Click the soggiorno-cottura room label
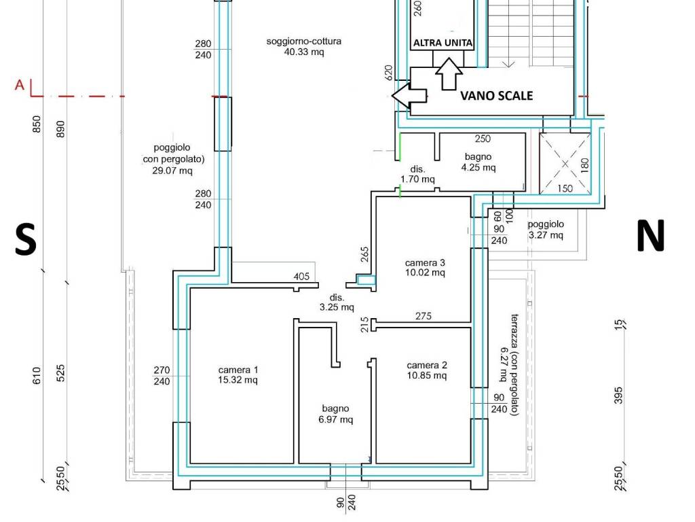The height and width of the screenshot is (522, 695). click(x=303, y=47)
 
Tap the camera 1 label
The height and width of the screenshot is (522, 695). click(x=238, y=375)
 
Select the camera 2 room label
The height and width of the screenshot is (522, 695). click(x=427, y=370)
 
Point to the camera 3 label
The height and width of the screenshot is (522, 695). click(x=425, y=267)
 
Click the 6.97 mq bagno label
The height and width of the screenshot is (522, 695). click(x=335, y=414)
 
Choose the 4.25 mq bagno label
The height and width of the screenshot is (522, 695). click(x=478, y=162)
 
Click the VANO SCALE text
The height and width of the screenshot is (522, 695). click(x=496, y=95)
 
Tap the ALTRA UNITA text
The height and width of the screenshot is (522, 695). click(x=443, y=43)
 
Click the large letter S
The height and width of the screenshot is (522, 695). click(x=25, y=239)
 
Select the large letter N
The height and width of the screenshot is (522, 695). click(x=650, y=235)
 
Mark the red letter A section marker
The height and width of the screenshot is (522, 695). click(x=20, y=84)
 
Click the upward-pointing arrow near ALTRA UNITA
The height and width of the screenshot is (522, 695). click(x=449, y=73)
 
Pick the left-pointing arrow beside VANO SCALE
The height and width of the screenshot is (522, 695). click(x=409, y=95)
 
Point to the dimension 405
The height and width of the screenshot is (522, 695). click(x=301, y=276)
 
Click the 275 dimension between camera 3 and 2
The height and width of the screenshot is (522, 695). click(x=424, y=316)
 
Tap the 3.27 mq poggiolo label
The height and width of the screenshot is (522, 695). click(x=546, y=230)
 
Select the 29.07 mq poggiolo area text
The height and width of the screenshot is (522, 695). click(x=173, y=158)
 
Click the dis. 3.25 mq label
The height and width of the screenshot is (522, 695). click(x=337, y=302)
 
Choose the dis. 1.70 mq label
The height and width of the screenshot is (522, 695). click(x=417, y=174)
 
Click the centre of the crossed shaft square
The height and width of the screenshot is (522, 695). click(x=565, y=164)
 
